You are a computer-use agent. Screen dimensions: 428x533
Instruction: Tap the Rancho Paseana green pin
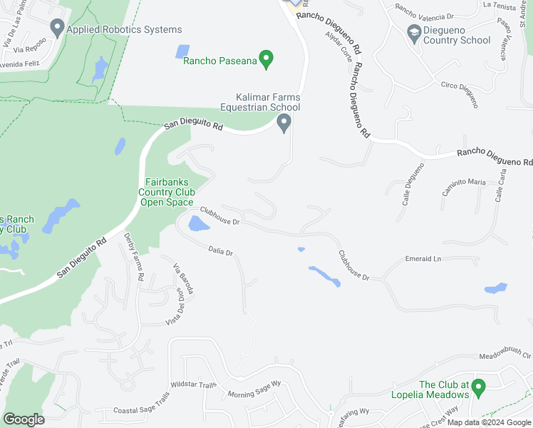(x=266, y=60)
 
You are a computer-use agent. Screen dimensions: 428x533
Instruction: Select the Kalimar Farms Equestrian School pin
(x=284, y=124)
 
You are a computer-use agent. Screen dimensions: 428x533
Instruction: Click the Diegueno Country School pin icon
(x=413, y=33)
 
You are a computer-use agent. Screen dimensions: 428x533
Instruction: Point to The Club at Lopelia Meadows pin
(x=479, y=389)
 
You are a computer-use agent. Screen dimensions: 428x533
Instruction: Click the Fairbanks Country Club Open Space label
(x=166, y=192)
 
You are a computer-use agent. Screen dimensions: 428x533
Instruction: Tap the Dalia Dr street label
(x=221, y=250)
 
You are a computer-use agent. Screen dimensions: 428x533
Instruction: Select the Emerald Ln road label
(x=423, y=259)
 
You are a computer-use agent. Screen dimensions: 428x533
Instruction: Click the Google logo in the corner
(x=24, y=419)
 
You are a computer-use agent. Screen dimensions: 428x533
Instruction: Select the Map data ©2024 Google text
(x=488, y=422)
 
